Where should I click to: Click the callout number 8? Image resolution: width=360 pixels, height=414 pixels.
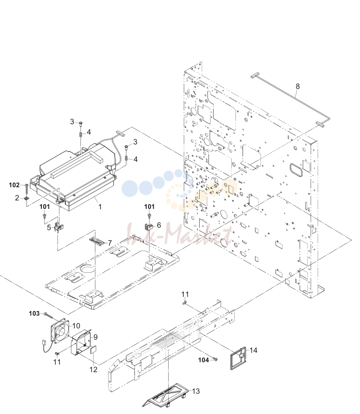tap(298, 87)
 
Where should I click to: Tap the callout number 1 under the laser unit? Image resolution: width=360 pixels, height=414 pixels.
tap(100, 207)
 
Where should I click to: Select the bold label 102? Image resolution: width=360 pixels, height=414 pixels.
tap(14, 185)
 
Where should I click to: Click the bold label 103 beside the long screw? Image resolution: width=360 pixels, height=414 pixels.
tap(34, 313)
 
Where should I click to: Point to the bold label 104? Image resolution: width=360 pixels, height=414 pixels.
tap(203, 360)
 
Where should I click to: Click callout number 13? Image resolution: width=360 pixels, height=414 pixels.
tap(196, 391)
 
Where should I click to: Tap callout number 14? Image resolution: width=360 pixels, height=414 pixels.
tap(253, 350)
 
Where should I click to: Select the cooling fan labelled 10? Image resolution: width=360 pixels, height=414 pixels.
tap(60, 331)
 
